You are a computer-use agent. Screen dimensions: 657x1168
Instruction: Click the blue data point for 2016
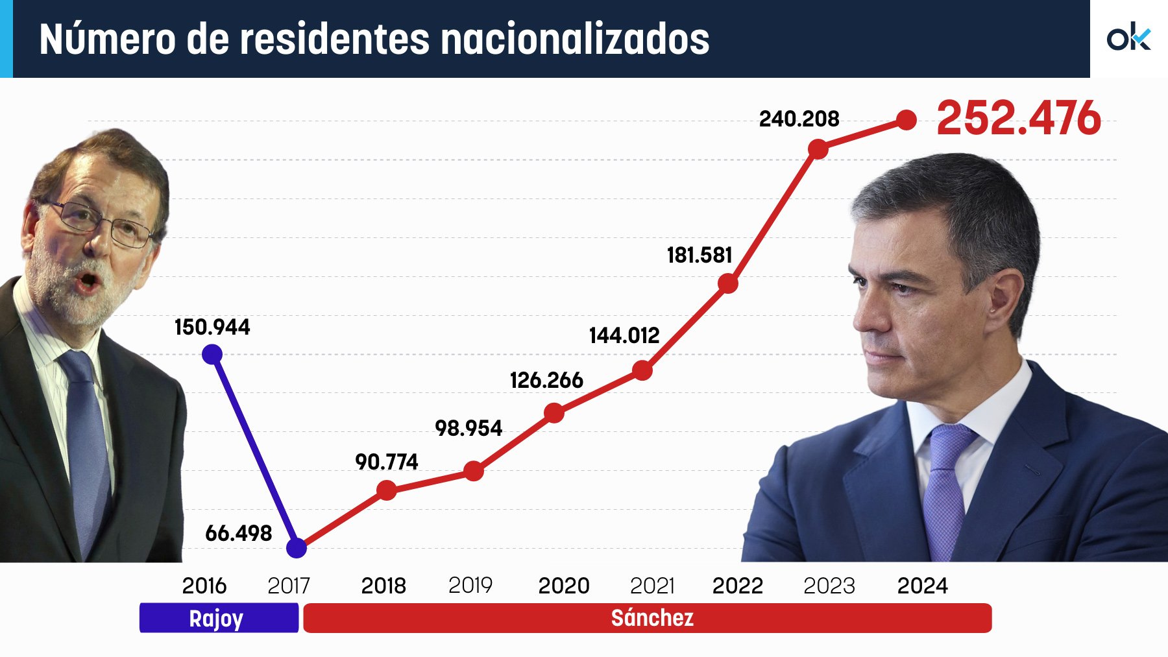coord(212,354)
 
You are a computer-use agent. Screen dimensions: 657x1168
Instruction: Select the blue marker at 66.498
coord(297,548)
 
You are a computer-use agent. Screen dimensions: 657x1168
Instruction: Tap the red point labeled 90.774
coord(387,490)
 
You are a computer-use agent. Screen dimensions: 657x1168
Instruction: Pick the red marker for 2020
coord(554,412)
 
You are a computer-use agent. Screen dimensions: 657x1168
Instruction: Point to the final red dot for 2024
coord(906,120)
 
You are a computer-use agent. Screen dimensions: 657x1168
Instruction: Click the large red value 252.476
coord(1018,118)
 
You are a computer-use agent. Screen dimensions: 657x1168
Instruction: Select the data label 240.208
coord(799,119)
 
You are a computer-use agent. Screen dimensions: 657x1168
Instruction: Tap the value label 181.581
coord(699,255)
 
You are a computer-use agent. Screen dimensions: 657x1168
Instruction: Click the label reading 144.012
coord(624,335)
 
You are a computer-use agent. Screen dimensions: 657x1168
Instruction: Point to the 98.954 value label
coord(468,428)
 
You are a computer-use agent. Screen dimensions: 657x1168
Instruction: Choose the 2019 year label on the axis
coord(470,585)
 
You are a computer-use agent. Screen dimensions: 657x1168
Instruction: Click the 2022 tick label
coord(737,586)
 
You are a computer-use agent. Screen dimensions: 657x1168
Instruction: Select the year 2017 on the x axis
coord(289,586)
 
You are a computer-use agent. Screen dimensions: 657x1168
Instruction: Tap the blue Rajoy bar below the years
coord(219,618)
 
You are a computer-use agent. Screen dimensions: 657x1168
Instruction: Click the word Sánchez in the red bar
coord(652,617)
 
